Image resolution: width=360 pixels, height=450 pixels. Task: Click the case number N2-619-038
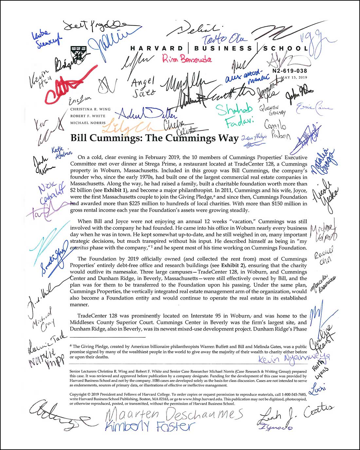pyautogui.click(x=290, y=71)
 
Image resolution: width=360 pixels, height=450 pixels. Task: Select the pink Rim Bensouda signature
pyautogui.click(x=187, y=59)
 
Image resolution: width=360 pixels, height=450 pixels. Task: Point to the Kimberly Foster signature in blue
pyautogui.click(x=150, y=426)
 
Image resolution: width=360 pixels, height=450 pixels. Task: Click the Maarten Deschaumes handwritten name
pyautogui.click(x=174, y=415)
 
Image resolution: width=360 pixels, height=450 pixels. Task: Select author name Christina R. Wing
pyautogui.click(x=90, y=109)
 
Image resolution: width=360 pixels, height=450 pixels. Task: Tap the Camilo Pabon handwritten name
pyautogui.click(x=277, y=130)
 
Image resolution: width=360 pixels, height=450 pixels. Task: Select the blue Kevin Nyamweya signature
pyautogui.click(x=294, y=358)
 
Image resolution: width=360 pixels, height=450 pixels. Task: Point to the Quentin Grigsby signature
pyautogui.click(x=273, y=110)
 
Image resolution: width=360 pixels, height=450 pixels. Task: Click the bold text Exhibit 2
pyautogui.click(x=232, y=265)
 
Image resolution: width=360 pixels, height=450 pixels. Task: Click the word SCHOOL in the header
pyautogui.click(x=286, y=48)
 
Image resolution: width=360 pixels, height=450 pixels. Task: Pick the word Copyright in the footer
pyautogui.click(x=78, y=394)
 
